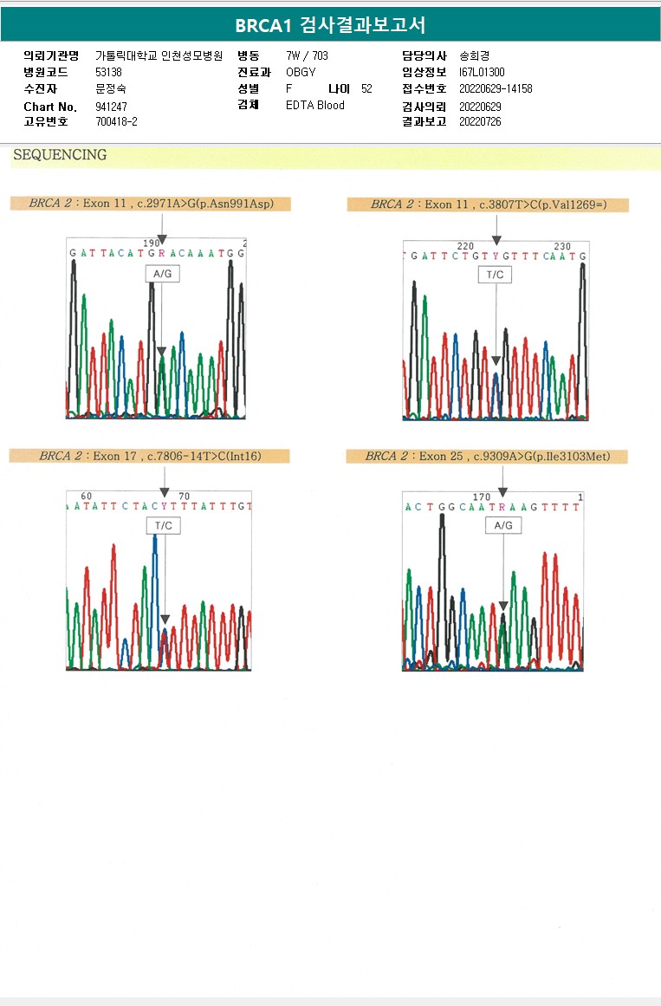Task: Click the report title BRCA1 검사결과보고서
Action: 330,25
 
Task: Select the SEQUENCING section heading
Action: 60,155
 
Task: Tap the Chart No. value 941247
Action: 111,107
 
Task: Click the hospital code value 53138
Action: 108,72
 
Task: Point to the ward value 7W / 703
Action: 307,55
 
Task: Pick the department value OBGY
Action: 301,72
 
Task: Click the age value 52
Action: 366,88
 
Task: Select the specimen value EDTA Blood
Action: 315,105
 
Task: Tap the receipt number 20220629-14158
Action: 496,88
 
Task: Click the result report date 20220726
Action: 480,122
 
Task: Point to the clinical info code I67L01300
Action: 482,72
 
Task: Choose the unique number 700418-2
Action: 116,121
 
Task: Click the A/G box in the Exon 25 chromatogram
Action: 502,525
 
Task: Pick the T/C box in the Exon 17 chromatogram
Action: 163,526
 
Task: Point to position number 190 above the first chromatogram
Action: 152,243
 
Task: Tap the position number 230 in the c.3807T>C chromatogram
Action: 562,246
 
